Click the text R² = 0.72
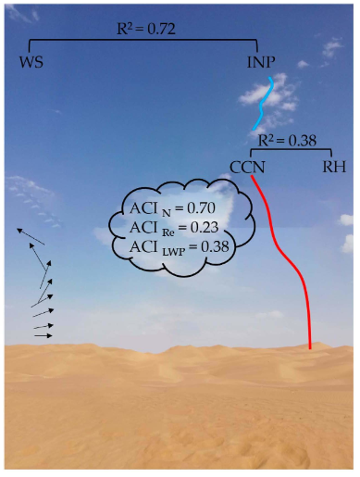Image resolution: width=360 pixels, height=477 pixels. [146, 28]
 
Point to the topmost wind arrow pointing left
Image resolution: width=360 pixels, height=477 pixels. [31, 236]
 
